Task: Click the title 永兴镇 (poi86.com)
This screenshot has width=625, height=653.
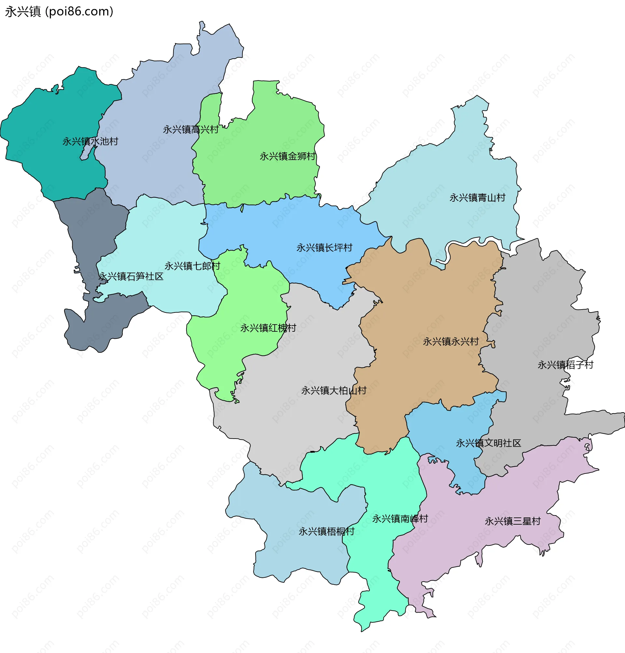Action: coord(59,12)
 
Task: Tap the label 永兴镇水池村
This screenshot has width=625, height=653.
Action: coord(90,142)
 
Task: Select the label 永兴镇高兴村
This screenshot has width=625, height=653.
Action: coord(191,130)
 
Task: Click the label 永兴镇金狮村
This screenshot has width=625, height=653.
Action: coord(287,156)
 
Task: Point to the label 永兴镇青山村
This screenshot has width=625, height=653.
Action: coord(477,198)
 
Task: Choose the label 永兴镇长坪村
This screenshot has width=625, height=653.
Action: coord(324,248)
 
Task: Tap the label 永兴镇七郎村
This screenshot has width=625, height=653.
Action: coord(192,266)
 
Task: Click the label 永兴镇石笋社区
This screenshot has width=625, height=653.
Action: coord(131,277)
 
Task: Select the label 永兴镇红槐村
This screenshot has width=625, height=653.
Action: coord(268,328)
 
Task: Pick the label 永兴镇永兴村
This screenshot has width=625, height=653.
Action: coord(451,342)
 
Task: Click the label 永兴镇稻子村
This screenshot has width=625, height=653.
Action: coord(565,365)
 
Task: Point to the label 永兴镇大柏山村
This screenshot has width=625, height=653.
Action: coord(334,390)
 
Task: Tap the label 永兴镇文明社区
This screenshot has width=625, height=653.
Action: coord(488,443)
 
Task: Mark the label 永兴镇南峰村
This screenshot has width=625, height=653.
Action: coord(400,519)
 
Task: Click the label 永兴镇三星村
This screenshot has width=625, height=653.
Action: coord(512,521)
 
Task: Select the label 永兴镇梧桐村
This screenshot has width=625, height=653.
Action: coord(326,532)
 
